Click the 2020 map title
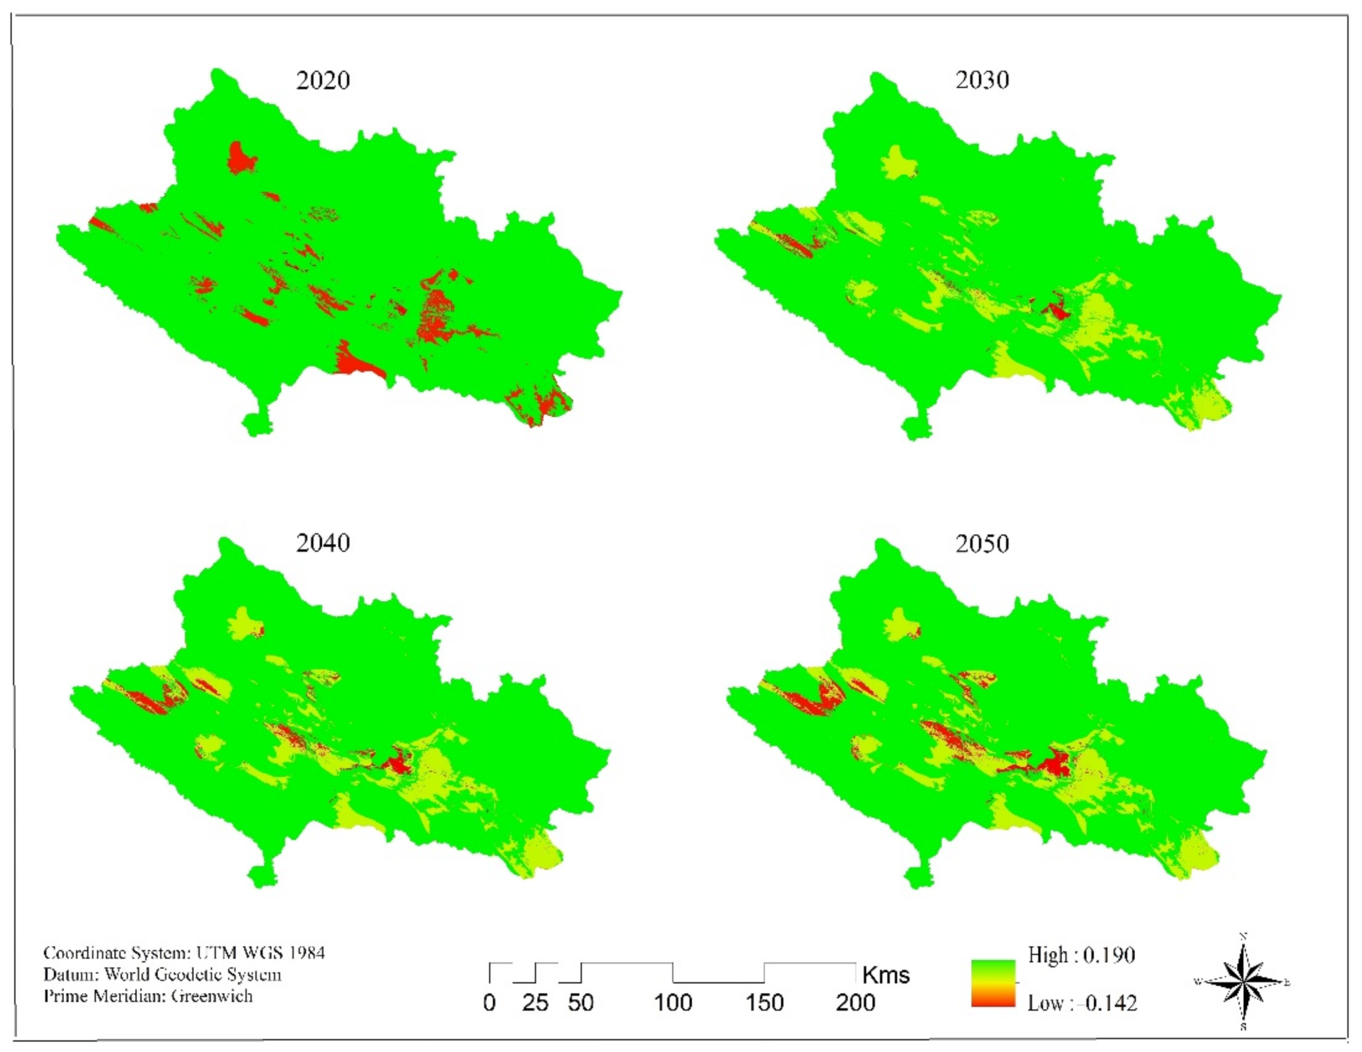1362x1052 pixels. click(x=323, y=81)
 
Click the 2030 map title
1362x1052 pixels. click(x=982, y=80)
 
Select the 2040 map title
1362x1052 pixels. click(x=323, y=543)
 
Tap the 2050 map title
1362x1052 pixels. click(x=982, y=544)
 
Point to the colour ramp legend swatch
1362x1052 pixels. click(x=993, y=983)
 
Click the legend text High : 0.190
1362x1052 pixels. click(x=1081, y=955)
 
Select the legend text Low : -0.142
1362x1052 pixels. click(x=1082, y=1003)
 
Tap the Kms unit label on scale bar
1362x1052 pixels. click(x=886, y=975)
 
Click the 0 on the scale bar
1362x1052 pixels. click(x=489, y=1003)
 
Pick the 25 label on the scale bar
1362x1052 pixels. click(x=535, y=1003)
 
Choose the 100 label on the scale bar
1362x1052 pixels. click(x=673, y=1003)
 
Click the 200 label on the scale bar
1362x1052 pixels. click(x=855, y=1003)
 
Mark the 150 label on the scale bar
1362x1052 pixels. click(x=764, y=1003)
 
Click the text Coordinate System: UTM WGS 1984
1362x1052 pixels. click(x=184, y=953)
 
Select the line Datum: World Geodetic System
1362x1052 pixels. click(x=162, y=975)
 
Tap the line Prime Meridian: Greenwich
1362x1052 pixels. click(x=148, y=996)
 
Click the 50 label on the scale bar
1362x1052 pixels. click(x=581, y=1003)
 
